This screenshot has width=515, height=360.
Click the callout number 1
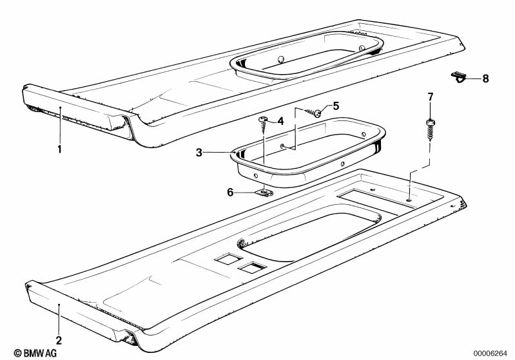(x=59, y=149)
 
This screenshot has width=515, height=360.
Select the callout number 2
(x=59, y=340)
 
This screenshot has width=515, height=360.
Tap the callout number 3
(x=199, y=153)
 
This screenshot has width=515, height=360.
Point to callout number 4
(x=280, y=122)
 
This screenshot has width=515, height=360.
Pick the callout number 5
(x=336, y=106)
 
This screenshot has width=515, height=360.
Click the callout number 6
(x=230, y=193)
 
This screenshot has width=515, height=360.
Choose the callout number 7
(x=431, y=97)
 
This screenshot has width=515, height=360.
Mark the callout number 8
(x=485, y=79)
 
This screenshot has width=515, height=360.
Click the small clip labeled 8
(x=458, y=78)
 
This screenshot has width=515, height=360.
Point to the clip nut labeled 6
(x=264, y=192)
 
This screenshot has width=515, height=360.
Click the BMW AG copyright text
(x=35, y=353)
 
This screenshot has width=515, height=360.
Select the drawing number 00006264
(x=491, y=354)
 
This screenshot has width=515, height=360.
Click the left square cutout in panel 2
(x=228, y=258)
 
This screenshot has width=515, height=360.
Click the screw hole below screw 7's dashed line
(x=409, y=200)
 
